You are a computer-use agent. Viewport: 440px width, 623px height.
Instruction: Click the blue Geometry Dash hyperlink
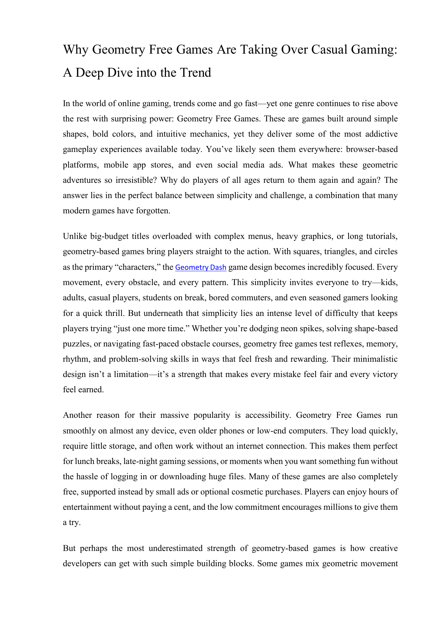point(201,267)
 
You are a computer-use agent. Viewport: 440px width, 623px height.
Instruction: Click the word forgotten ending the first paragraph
point(153,211)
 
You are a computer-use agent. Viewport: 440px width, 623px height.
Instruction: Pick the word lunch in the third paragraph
point(84,461)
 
